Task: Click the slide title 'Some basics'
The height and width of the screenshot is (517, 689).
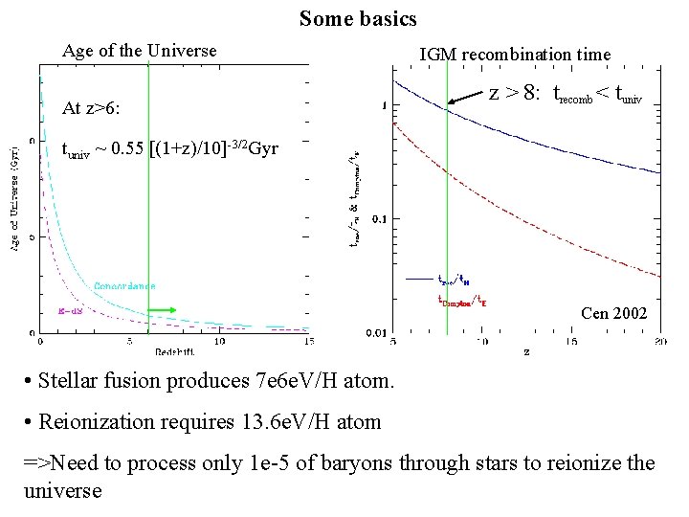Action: point(358,18)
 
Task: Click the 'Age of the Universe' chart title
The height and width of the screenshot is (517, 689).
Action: point(140,51)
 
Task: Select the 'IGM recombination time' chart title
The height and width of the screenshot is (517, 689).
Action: point(515,55)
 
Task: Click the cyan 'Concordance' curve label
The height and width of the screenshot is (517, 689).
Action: point(124,285)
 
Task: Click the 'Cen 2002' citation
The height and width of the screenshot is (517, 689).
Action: point(614,313)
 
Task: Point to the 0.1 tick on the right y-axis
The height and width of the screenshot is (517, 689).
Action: point(378,219)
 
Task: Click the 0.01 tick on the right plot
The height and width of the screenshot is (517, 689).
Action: point(375,333)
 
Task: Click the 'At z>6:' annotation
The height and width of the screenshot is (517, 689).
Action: point(91,108)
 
